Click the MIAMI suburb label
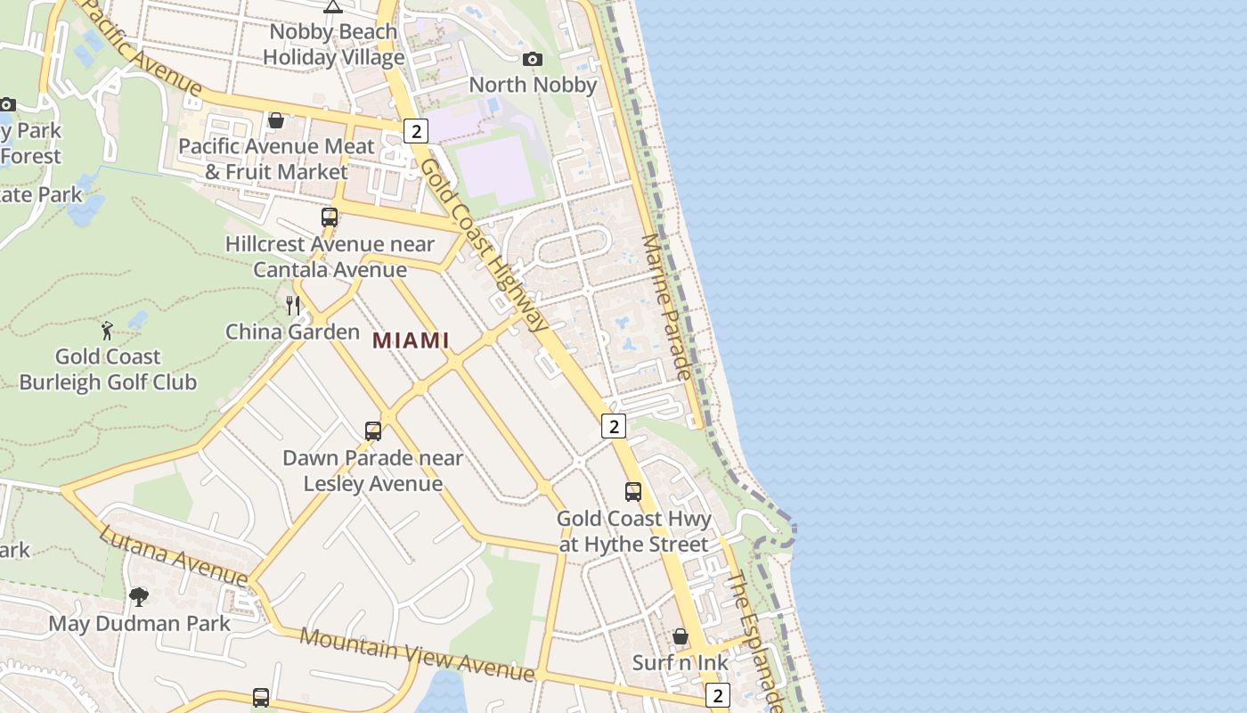click(411, 340)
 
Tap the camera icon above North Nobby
click(533, 60)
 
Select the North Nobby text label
click(533, 85)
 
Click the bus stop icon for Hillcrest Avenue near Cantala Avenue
click(330, 217)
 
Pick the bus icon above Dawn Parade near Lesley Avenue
click(373, 431)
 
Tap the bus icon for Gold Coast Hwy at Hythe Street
click(633, 492)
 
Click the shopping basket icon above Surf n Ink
click(681, 636)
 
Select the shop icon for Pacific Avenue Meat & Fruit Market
click(276, 120)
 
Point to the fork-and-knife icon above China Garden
click(292, 306)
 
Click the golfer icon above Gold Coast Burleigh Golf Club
click(108, 331)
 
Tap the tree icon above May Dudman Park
click(139, 596)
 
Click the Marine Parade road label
click(667, 307)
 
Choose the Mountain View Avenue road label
click(417, 654)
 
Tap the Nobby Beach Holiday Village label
click(333, 45)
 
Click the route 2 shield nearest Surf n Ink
click(717, 695)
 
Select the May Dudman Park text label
click(140, 623)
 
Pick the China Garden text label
click(292, 332)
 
